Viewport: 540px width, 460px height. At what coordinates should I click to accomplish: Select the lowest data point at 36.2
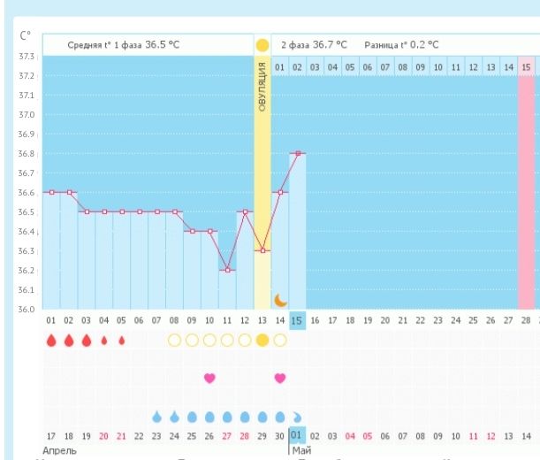227,270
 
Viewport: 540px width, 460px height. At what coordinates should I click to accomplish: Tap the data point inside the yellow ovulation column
262,250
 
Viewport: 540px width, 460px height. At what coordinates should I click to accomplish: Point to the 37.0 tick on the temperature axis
27,115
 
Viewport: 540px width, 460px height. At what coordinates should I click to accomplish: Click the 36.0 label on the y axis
27,309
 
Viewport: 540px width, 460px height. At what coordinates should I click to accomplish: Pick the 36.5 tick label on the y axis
27,212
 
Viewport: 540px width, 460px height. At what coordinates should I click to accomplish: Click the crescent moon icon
280,300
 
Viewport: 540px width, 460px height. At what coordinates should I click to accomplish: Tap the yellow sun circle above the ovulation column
262,44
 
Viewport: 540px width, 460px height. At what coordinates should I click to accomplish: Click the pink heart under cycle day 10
209,378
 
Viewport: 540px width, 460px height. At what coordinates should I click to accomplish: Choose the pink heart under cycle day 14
280,378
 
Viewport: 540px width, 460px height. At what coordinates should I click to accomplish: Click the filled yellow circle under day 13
262,340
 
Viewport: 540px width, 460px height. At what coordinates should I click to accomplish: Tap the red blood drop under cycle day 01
50,340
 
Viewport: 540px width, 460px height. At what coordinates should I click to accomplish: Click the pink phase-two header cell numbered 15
527,66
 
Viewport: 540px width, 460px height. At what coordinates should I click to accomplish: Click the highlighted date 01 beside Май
297,435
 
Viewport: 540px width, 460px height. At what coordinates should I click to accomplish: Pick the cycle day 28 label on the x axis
526,320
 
